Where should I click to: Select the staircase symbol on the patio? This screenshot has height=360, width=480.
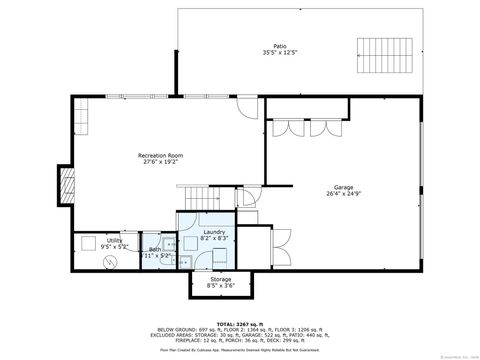pyautogui.click(x=377, y=50)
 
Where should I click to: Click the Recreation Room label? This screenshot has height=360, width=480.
pyautogui.click(x=160, y=155)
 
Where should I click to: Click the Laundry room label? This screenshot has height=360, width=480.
pyautogui.click(x=213, y=231)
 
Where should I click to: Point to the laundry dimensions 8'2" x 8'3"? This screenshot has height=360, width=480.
pyautogui.click(x=213, y=238)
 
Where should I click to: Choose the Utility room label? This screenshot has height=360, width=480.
pyautogui.click(x=115, y=240)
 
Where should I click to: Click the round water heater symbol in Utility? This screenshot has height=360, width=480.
pyautogui.click(x=112, y=261)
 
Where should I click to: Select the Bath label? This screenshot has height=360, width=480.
pyautogui.click(x=155, y=249)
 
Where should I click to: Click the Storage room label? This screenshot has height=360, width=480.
pyautogui.click(x=220, y=279)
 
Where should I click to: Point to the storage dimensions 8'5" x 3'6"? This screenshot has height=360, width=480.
pyautogui.click(x=220, y=286)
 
